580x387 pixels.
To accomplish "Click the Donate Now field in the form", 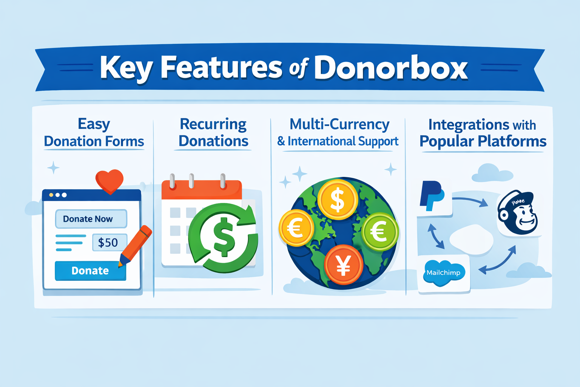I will coord(91,219).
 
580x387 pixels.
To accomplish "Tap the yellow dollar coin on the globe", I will coord(337,200).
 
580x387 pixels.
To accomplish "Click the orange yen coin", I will coord(343,265).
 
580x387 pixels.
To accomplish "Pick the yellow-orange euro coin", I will coord(296,228).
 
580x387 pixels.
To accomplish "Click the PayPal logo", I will coord(432,196).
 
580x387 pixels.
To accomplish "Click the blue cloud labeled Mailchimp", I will coord(443,272).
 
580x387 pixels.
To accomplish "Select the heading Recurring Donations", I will coord(213,132).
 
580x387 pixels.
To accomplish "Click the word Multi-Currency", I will coord(339,124).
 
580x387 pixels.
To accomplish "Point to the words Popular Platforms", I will coord(483,141).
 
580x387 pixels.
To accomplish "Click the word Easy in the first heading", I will coord(94,124).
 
